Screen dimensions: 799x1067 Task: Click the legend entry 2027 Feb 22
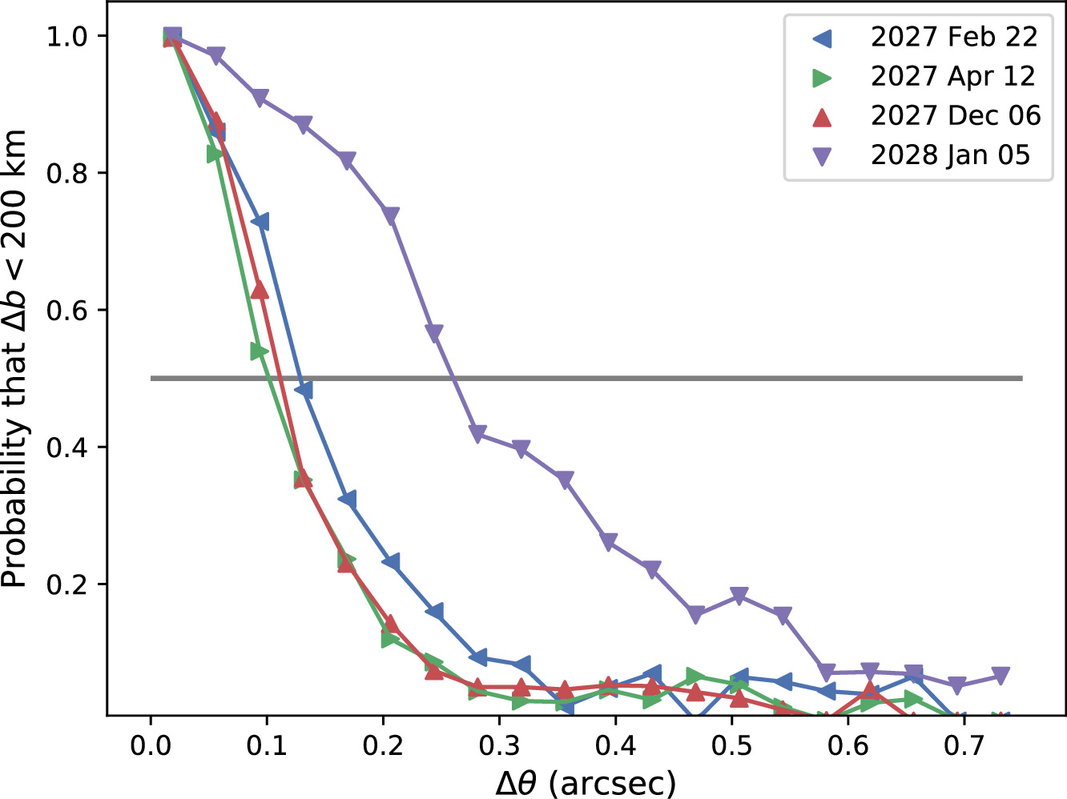coord(953,37)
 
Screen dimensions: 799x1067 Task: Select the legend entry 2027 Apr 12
coord(952,76)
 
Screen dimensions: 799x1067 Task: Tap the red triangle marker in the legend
coord(822,116)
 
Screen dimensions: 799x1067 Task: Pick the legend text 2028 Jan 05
coord(950,155)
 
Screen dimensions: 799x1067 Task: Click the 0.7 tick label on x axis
coord(964,746)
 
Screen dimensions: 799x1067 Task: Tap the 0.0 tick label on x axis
coord(151,746)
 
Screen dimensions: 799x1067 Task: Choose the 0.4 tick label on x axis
coord(615,746)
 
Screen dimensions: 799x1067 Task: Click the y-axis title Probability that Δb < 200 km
coord(16,359)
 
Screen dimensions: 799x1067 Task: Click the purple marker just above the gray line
coord(434,333)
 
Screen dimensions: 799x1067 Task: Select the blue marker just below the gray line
coord(303,390)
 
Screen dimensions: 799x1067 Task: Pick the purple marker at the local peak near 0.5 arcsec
coord(739,596)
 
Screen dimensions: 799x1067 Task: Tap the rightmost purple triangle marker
coord(1000,676)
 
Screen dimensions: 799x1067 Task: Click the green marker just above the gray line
coord(259,351)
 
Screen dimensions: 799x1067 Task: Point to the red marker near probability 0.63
coord(260,290)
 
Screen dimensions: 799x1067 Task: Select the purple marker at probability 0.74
coord(390,216)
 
